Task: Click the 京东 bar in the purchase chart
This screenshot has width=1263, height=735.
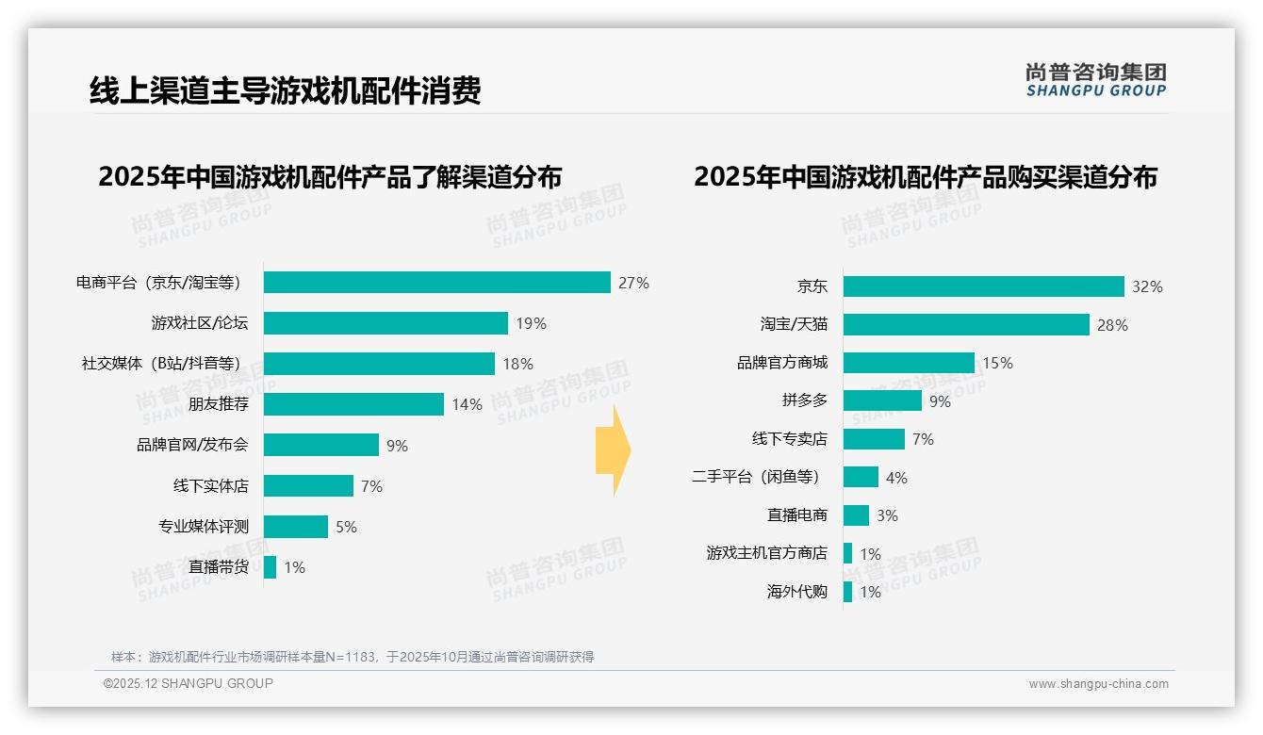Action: pyautogui.click(x=983, y=286)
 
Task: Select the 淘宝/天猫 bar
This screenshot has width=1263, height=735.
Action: pyautogui.click(x=966, y=324)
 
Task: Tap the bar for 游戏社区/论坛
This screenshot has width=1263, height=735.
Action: pyautogui.click(x=385, y=323)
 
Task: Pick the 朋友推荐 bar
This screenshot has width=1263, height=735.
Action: pyautogui.click(x=353, y=404)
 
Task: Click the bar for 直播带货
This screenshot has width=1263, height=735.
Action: pyautogui.click(x=271, y=567)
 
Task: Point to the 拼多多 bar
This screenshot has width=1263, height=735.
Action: pyautogui.click(x=882, y=400)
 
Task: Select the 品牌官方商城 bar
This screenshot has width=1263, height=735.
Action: pyautogui.click(x=909, y=363)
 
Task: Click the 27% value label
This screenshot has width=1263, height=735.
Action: pyautogui.click(x=633, y=283)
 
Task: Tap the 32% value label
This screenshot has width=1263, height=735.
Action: pyautogui.click(x=1147, y=287)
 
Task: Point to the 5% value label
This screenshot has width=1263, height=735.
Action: pyautogui.click(x=346, y=527)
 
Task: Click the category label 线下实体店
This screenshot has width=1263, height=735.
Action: pyautogui.click(x=211, y=486)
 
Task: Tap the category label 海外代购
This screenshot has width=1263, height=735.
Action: pyautogui.click(x=796, y=592)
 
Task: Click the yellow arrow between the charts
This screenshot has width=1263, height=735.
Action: pyautogui.click(x=613, y=450)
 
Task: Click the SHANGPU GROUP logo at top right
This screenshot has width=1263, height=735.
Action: pyautogui.click(x=1095, y=80)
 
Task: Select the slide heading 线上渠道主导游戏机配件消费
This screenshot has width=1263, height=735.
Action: pyautogui.click(x=286, y=90)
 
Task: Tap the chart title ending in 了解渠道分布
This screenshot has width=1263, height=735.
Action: pyautogui.click(x=330, y=177)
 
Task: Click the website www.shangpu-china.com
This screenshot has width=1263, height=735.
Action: pyautogui.click(x=1098, y=684)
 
